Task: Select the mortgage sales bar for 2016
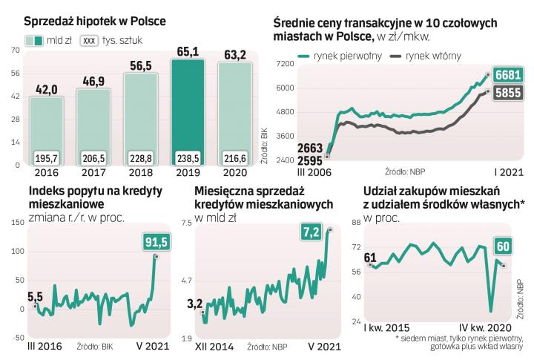point(46,126)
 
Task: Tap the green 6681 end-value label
point(509,75)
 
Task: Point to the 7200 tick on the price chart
point(284,65)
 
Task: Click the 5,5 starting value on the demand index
point(35,297)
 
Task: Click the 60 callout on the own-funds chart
point(503,246)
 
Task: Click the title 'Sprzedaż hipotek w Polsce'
point(95,22)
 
